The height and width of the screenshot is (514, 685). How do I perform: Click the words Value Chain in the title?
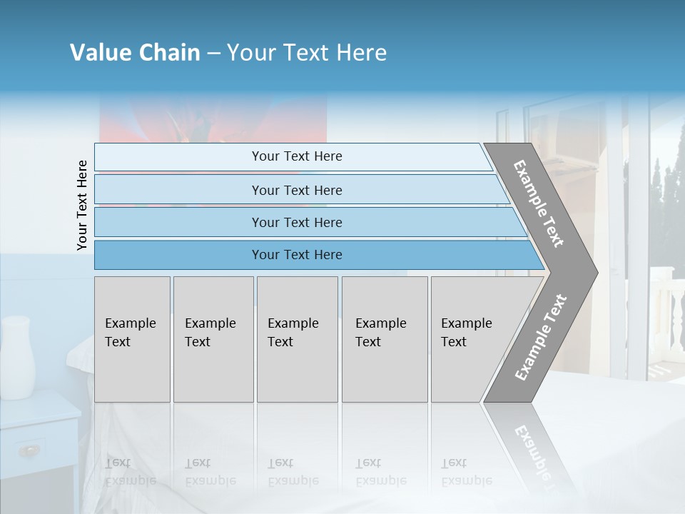(135, 53)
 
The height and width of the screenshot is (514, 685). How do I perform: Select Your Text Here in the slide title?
(307, 53)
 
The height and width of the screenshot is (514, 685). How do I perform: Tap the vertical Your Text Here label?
(82, 206)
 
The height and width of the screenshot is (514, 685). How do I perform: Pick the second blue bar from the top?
(296, 190)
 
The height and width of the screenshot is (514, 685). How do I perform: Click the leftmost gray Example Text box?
(132, 339)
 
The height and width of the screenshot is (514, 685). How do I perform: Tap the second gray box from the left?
(213, 339)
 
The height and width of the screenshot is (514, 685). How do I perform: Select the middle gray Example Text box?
(297, 339)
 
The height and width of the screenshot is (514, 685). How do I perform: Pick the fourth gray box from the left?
(384, 339)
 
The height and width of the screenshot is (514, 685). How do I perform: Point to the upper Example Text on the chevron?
(539, 203)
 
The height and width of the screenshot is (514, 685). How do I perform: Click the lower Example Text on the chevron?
(540, 338)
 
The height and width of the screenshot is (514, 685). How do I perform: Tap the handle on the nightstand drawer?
(29, 450)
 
